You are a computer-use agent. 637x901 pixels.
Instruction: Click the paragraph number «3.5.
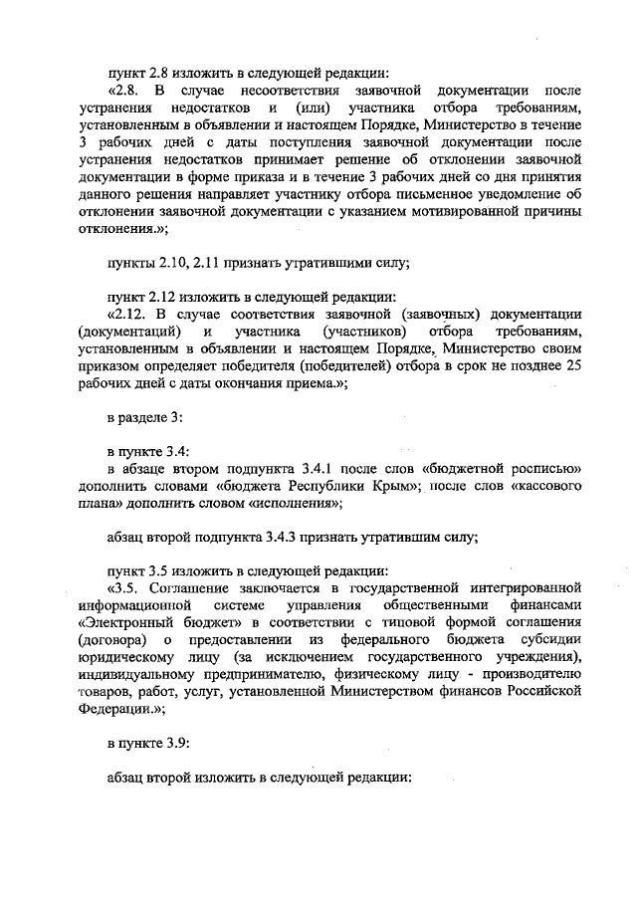tap(125, 591)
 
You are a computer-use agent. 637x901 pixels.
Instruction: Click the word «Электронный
tap(124, 626)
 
